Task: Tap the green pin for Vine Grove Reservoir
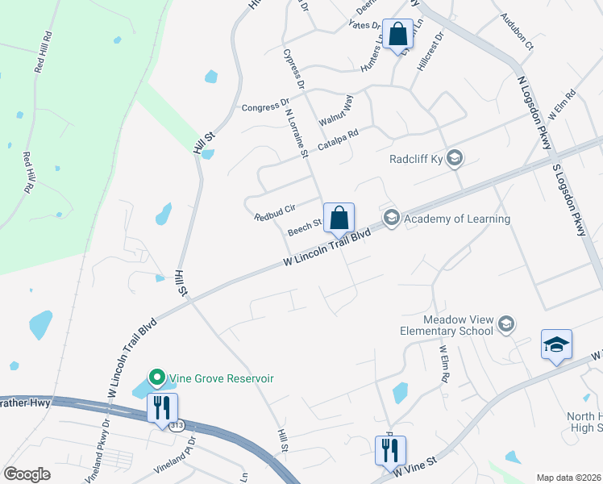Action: [x=156, y=378]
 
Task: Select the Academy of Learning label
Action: [x=457, y=219]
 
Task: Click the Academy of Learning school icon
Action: [x=392, y=218]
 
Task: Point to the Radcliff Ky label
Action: [x=417, y=158]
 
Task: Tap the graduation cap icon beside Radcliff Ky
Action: [x=455, y=158]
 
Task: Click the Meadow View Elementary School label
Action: [x=447, y=324]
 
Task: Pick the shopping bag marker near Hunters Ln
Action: [x=397, y=35]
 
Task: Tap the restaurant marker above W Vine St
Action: [x=390, y=450]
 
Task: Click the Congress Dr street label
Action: [x=265, y=107]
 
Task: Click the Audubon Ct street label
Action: [x=517, y=42]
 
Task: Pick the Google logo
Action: [x=27, y=474]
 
